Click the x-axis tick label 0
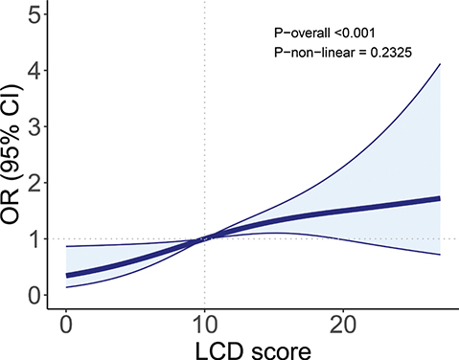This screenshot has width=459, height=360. tap(65, 323)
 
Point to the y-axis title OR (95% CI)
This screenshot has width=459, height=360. tap(13, 157)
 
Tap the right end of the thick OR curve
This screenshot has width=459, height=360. tap(439, 198)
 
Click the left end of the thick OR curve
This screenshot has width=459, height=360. tap(65, 275)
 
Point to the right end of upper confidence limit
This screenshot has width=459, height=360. tap(439, 64)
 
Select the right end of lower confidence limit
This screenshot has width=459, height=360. tap(439, 255)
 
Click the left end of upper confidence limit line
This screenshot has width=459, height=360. tap(65, 246)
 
